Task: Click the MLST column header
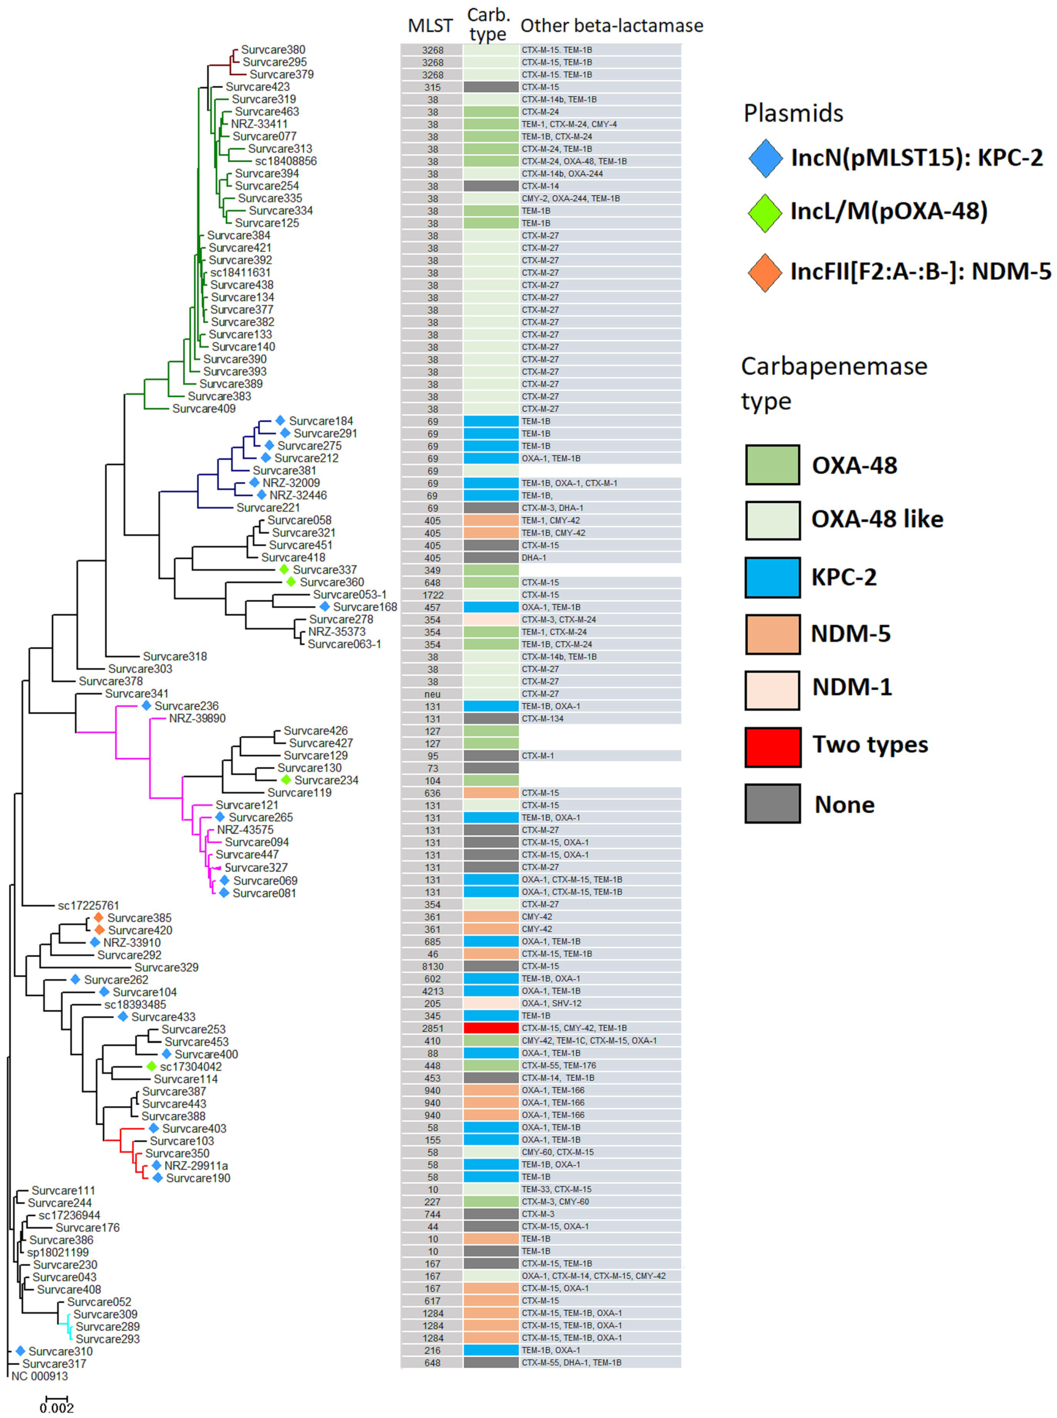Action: click(x=430, y=26)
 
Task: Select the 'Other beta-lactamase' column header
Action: click(x=611, y=26)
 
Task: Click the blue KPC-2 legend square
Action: click(x=772, y=577)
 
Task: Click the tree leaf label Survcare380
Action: click(x=273, y=50)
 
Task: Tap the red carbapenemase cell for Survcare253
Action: click(x=491, y=1028)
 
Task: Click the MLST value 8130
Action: click(x=433, y=967)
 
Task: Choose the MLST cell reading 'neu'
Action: click(x=433, y=694)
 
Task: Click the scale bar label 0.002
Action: click(x=57, y=1408)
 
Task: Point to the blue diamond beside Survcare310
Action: click(x=20, y=1351)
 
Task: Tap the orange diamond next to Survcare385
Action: click(x=98, y=917)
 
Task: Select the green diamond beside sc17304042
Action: click(x=151, y=1066)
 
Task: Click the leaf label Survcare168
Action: click(x=365, y=607)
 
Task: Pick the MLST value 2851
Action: click(x=433, y=1028)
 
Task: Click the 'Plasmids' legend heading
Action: click(x=793, y=113)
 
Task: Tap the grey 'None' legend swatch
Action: click(x=772, y=804)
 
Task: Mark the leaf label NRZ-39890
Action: click(x=197, y=718)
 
